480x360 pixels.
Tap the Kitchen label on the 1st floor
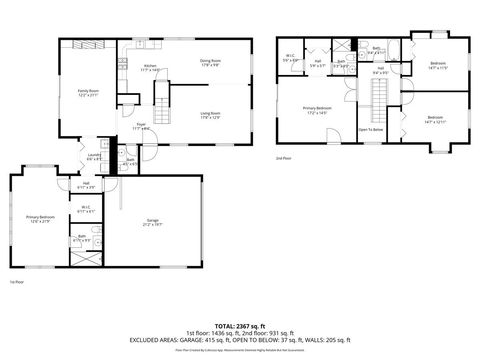[122, 67]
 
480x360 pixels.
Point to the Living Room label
[210, 115]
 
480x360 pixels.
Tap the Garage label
[153, 221]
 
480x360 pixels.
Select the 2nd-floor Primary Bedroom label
[317, 111]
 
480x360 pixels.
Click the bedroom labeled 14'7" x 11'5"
[438, 65]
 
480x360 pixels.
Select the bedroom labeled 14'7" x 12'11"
[434, 119]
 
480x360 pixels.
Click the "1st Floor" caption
[15, 283]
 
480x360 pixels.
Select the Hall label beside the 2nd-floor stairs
[381, 72]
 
